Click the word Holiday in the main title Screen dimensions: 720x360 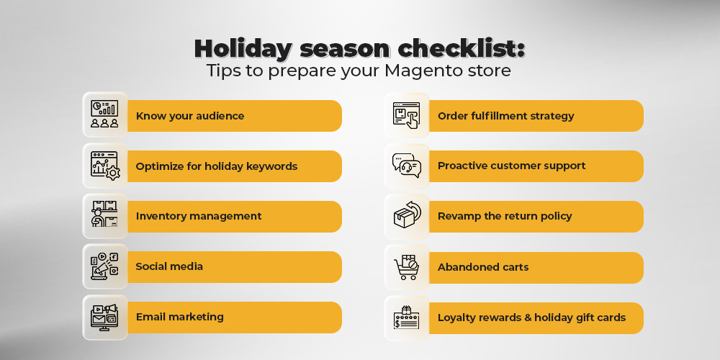243,49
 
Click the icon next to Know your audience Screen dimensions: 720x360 104,114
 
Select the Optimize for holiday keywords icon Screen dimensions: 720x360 105,166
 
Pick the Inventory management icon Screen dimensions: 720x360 104,215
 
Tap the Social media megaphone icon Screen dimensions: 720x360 104,266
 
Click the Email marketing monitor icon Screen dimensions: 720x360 104,317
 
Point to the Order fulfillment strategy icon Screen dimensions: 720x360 406,115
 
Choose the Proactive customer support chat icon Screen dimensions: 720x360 406,166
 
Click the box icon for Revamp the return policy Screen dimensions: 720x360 407,216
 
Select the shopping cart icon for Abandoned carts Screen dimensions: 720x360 406,267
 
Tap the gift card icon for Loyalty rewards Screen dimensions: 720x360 406,318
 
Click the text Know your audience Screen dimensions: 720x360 189,116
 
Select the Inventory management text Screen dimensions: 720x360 199,216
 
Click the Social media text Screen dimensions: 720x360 169,266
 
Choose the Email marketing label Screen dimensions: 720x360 179,317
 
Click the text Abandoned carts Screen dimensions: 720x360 483,267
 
